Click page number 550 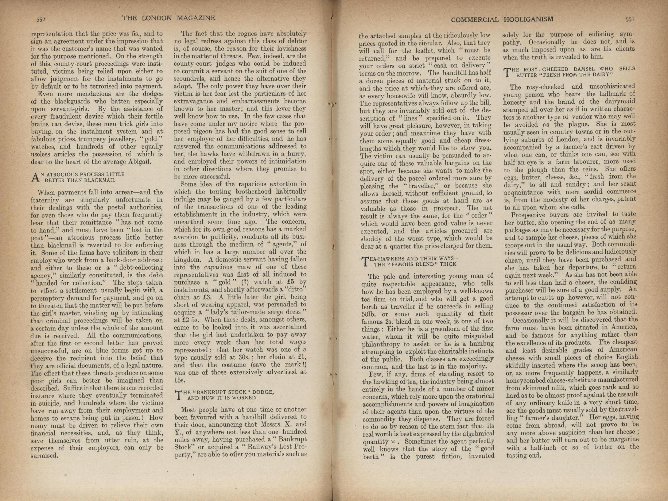click(41, 19)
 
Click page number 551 click(630, 19)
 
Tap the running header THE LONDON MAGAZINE click(168, 18)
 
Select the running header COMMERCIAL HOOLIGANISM click(502, 20)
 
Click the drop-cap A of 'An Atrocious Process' click(36, 177)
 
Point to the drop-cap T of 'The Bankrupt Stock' click(178, 395)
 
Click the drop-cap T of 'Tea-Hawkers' click(365, 261)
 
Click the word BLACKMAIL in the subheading click(102, 180)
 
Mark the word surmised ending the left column click(45, 456)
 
